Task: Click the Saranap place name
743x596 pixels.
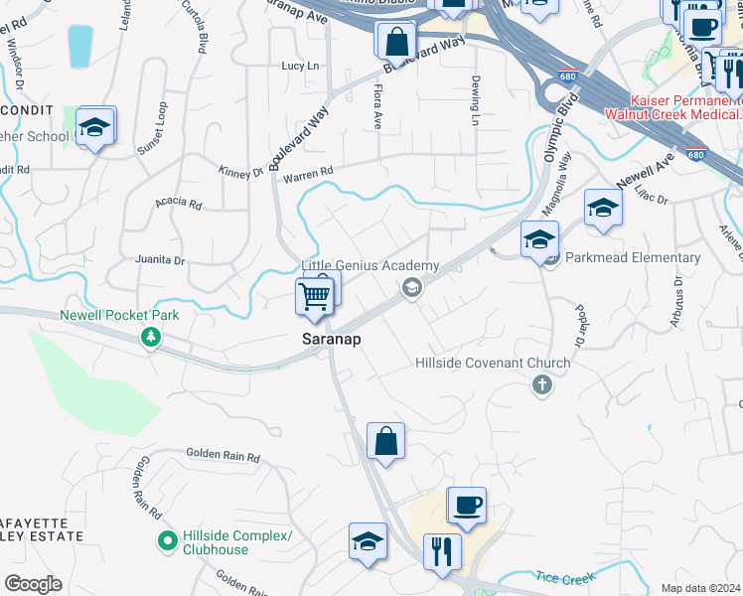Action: (331, 340)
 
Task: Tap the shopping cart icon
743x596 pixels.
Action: (314, 295)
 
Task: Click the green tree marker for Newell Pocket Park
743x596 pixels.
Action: (150, 338)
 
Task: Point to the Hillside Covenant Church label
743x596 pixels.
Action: (493, 364)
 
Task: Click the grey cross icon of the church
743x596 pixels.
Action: (541, 384)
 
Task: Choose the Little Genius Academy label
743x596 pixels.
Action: (371, 266)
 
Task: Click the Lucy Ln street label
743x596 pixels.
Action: (302, 66)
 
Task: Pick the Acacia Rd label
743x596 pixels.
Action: (178, 205)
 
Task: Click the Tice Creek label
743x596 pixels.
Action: (567, 577)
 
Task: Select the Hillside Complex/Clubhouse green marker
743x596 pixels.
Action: (166, 542)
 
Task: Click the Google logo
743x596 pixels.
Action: (33, 583)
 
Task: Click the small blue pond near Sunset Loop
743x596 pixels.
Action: (78, 47)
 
